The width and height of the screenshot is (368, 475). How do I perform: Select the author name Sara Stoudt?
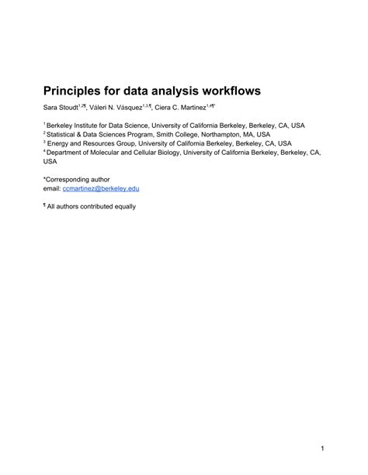tap(60, 107)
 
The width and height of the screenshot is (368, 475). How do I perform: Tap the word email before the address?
tap(51, 188)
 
